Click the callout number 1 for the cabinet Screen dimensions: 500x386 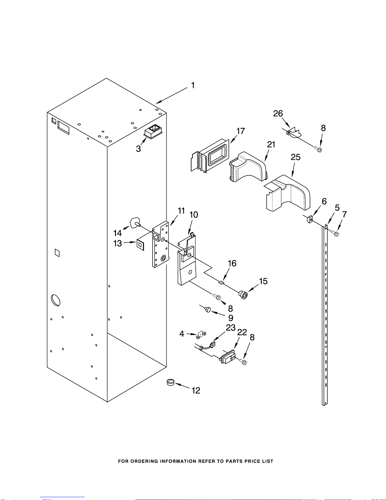pyautogui.click(x=193, y=85)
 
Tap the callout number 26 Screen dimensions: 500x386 pyautogui.click(x=278, y=114)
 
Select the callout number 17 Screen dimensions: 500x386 pyautogui.click(x=240, y=131)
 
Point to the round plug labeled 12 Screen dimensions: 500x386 pyautogui.click(x=170, y=382)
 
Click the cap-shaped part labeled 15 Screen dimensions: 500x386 pyautogui.click(x=243, y=295)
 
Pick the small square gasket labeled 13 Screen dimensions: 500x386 pyautogui.click(x=140, y=244)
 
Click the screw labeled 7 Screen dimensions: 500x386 pyautogui.click(x=336, y=234)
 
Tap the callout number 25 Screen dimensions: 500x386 pyautogui.click(x=296, y=157)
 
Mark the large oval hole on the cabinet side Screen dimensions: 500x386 pyautogui.click(x=55, y=300)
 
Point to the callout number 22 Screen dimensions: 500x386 pyautogui.click(x=242, y=332)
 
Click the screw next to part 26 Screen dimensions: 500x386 pyautogui.click(x=319, y=149)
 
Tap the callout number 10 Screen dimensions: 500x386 pyautogui.click(x=193, y=215)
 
